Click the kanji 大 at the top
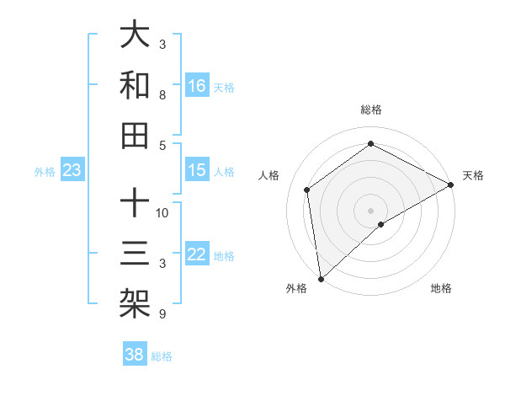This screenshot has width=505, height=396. [x=135, y=35]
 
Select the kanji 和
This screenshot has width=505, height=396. [x=135, y=86]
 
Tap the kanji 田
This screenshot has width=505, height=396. [x=135, y=135]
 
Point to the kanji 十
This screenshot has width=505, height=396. [x=135, y=204]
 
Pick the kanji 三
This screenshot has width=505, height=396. [x=135, y=254]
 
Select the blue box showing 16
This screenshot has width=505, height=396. [x=197, y=85]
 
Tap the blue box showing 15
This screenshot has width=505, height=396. [x=197, y=171]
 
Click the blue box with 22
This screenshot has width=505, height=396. [x=197, y=255]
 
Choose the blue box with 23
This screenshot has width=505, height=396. [x=72, y=171]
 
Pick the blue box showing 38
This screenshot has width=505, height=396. [x=134, y=355]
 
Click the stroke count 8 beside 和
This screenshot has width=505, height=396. [x=162, y=95]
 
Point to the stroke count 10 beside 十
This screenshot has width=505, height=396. [x=163, y=211]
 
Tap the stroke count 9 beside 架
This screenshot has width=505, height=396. [x=162, y=314]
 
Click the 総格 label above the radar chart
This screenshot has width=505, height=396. [x=371, y=110]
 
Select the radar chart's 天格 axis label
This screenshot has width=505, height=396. [x=473, y=175]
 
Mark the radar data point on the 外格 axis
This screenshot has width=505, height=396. [x=321, y=279]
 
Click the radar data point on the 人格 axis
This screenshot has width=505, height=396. [x=307, y=190]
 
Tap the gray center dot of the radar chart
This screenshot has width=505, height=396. [x=371, y=209]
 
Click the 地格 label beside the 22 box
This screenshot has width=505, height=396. [x=224, y=256]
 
